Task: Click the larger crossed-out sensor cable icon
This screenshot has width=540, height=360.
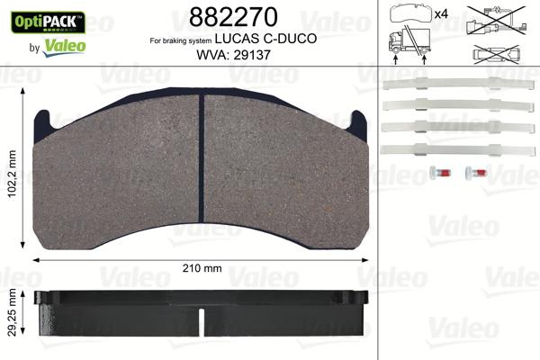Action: point(494,20)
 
